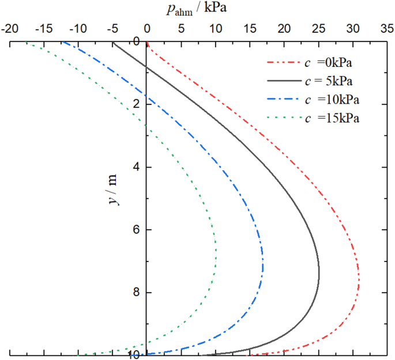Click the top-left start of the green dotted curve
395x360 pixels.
click(x=26, y=43)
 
